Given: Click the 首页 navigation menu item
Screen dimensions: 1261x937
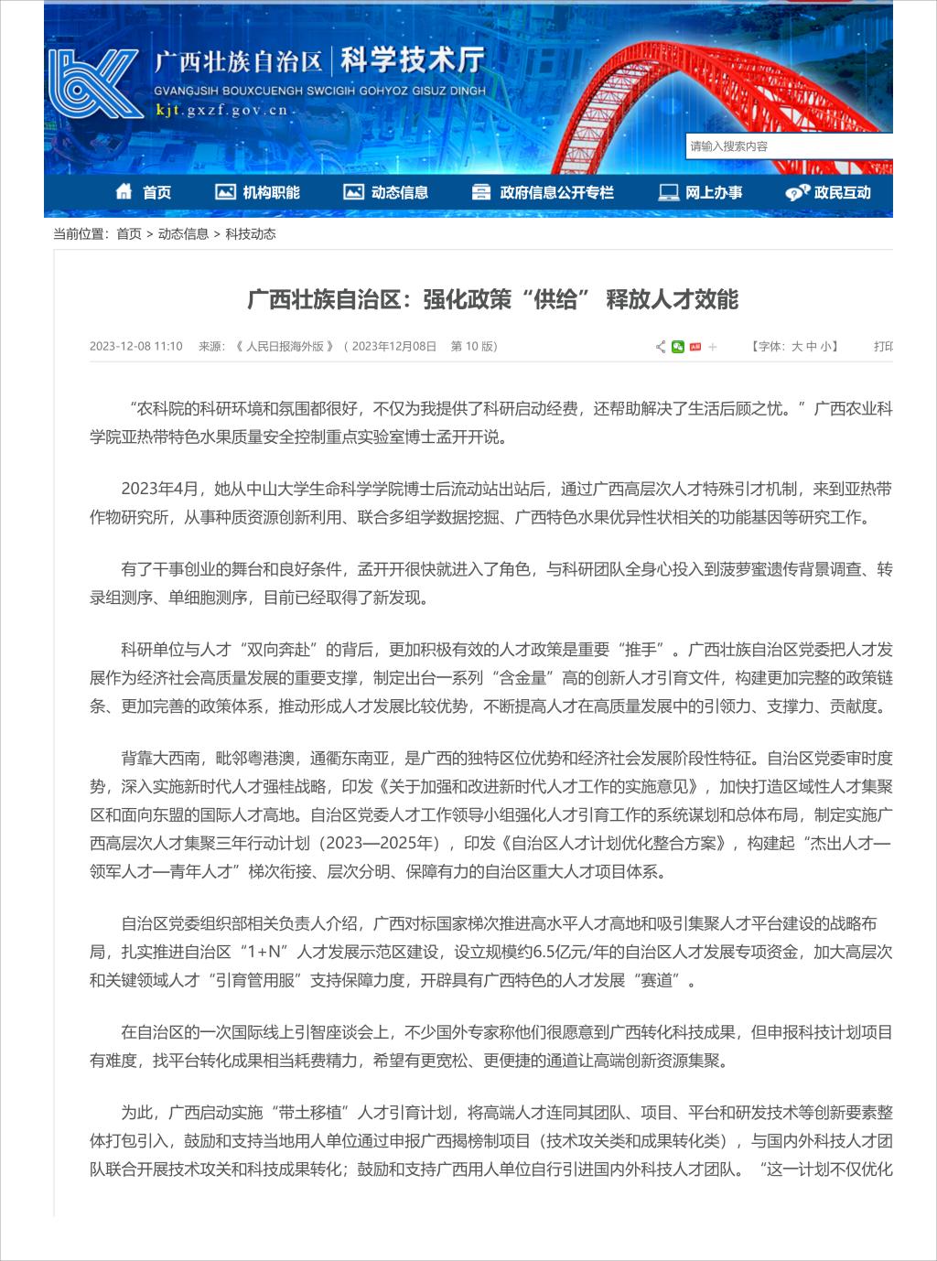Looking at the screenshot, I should point(144,192).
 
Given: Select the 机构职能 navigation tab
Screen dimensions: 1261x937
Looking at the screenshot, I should point(257,192).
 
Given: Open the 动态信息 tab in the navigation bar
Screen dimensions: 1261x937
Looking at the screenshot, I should point(386,192).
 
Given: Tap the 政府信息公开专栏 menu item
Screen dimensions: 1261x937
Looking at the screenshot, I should point(543,192).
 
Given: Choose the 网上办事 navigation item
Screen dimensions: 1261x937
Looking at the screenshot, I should point(701,192).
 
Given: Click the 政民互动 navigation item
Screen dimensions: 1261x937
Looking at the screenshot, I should point(828,192).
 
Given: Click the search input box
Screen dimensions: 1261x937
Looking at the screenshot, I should point(787,146).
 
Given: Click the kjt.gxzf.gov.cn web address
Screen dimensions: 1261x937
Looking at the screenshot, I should point(221,111).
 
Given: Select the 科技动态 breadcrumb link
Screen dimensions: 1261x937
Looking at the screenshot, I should point(251,234).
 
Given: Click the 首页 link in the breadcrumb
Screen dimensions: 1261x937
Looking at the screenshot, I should point(129,234).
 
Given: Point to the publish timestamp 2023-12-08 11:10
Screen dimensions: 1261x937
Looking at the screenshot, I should point(136,347).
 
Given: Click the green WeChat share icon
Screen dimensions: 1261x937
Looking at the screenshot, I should point(678,347).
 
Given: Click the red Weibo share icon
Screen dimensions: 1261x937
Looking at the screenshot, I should point(695,347).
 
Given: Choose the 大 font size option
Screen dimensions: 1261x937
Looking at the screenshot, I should point(797,347).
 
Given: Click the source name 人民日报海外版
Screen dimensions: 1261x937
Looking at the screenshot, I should point(285,347).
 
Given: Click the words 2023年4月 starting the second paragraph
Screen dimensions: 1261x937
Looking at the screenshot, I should point(159,489).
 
